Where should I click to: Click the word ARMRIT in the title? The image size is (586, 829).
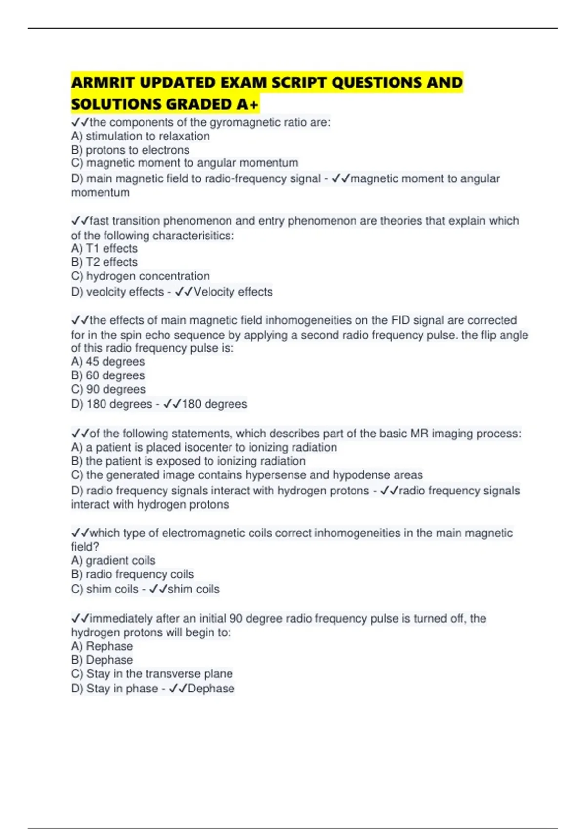point(103,82)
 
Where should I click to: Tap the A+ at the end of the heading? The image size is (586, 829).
point(248,104)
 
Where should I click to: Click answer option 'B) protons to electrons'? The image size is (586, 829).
point(130,150)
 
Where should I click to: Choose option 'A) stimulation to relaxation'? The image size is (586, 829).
point(140,136)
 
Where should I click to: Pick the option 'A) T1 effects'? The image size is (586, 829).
point(105,248)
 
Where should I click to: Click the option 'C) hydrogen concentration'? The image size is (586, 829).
point(140,276)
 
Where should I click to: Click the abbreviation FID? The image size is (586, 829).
point(401,320)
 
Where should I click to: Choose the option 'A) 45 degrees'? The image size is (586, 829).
point(108,362)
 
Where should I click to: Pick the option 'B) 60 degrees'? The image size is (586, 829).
point(108,375)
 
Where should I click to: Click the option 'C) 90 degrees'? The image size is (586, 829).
point(108,389)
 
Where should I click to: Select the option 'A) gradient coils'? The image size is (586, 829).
point(113,560)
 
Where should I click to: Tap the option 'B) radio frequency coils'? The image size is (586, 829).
point(132,574)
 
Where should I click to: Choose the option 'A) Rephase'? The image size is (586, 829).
point(102,646)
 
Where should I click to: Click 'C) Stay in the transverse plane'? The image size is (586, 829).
point(152,673)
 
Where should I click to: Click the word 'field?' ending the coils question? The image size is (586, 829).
point(85,547)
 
